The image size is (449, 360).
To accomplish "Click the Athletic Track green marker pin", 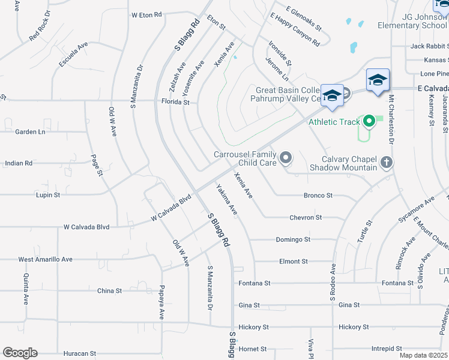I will coord(369,122).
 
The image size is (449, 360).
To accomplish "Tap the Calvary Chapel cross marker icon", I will coord(387,162).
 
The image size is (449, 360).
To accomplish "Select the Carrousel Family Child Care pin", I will coord(286,158).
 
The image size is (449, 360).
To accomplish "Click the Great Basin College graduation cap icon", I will coord(331,96).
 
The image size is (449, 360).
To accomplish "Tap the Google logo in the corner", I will coord(20,353).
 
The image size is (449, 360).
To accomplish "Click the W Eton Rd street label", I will coord(146,14).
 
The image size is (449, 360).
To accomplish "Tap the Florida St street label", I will coord(175,103).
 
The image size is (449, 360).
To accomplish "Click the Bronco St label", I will coord(318,196).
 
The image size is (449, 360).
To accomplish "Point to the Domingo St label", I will coord(293,239).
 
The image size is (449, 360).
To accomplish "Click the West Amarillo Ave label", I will coord(45,259).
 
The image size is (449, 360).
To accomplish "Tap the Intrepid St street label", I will coord(386,348).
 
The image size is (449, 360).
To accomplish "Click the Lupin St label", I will coord(48,195).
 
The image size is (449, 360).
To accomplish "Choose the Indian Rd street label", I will coord(18,163).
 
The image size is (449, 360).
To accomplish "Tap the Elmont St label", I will coord(294,262).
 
